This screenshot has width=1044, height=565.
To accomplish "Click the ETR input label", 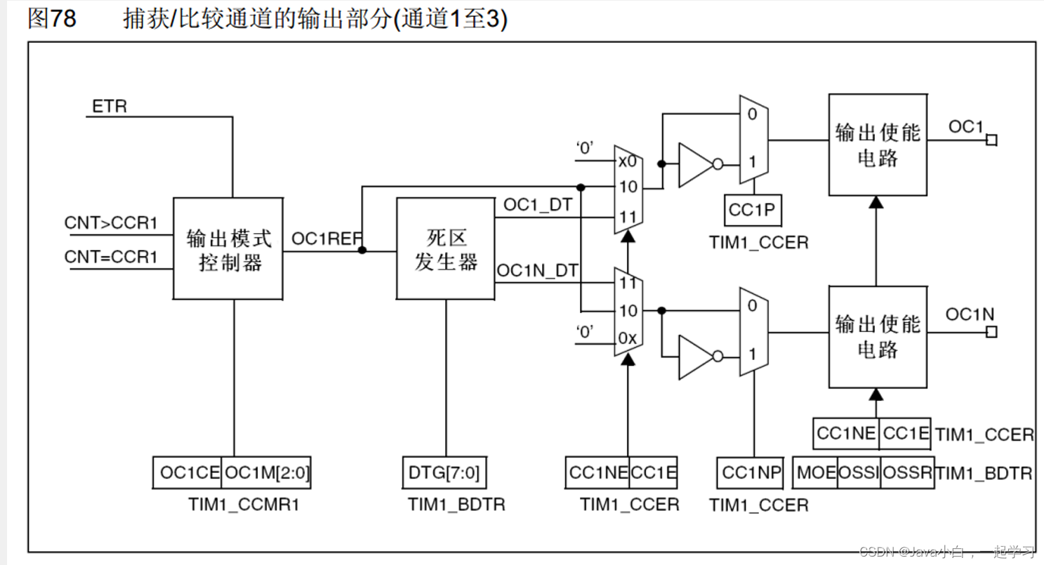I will coord(110,107).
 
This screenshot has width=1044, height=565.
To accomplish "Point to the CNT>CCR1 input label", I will coord(111,223).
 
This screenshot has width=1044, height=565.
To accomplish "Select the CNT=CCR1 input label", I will coord(111,257).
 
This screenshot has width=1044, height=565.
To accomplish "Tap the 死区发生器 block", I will coord(445,249).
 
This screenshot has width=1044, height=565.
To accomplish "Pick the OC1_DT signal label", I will coord(537,206).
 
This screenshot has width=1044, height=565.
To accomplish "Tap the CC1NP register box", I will coord(752,473).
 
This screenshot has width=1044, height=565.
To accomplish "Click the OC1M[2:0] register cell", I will coord(266,473).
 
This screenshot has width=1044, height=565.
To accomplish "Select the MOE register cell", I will coord(816,473).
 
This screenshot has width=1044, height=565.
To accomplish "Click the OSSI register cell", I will coord(859,473).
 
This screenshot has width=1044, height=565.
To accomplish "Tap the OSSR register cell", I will coord(906,473).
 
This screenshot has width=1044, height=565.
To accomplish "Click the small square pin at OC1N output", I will coord(991,332).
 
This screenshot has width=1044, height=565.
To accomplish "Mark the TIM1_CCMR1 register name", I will coord(244,504).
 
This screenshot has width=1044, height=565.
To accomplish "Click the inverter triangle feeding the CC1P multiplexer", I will coord(695,166).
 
